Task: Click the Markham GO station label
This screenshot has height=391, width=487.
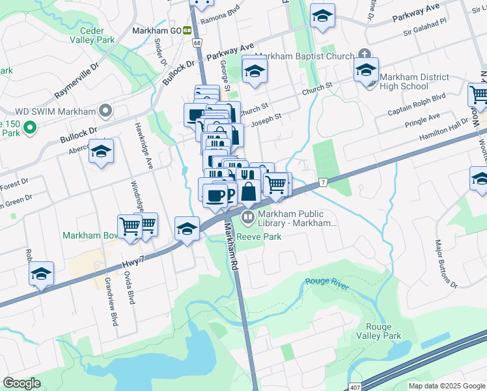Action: [x=156, y=30]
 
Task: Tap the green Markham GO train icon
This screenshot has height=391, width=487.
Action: [x=187, y=30]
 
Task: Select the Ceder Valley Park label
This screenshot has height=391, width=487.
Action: [x=96, y=35]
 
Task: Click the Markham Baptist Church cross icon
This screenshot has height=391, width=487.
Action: [x=364, y=55]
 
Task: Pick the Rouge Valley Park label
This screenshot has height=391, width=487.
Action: [x=378, y=331]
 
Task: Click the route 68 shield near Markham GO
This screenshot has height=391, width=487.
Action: [x=197, y=42]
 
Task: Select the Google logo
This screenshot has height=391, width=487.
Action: [x=22, y=383]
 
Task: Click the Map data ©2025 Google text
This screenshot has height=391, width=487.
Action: [x=446, y=386]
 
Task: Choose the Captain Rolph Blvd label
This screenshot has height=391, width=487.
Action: [x=417, y=99]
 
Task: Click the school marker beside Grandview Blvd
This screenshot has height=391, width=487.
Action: [x=41, y=274]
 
